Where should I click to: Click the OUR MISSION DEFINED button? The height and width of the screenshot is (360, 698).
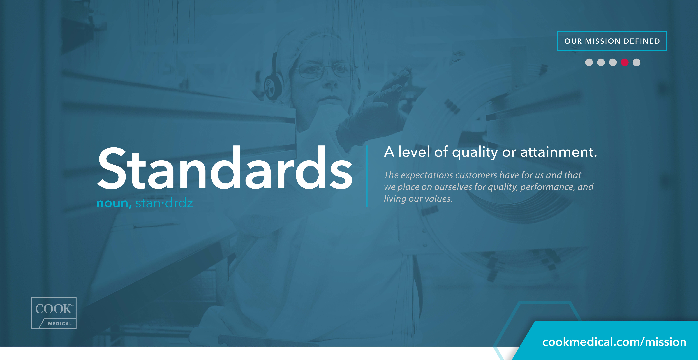pos(612,41)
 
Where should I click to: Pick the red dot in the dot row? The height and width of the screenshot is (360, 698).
pos(625,62)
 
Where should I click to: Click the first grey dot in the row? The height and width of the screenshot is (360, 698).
pos(589,62)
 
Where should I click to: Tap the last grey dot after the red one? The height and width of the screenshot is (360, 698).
pos(636,62)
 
